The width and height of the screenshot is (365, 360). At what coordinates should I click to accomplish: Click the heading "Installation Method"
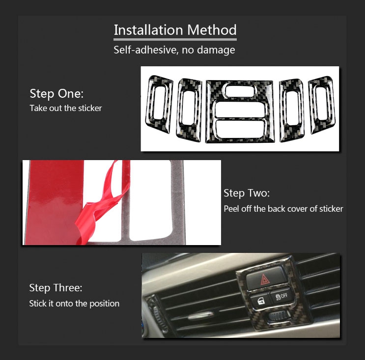(x=175, y=30)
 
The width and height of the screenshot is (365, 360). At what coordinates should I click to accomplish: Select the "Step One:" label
(x=56, y=93)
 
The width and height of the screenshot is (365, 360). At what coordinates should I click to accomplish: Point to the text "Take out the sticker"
(x=66, y=108)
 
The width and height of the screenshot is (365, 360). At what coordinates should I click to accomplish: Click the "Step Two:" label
(x=247, y=193)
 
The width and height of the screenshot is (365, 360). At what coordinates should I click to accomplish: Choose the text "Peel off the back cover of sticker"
(x=283, y=209)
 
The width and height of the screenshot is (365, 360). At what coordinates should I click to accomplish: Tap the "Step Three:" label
(x=56, y=288)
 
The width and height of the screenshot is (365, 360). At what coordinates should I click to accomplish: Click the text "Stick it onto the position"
(x=74, y=304)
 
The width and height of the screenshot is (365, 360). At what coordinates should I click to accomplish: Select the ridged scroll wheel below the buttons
(x=279, y=316)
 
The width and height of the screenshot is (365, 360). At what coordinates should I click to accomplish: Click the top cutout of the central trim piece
(x=239, y=90)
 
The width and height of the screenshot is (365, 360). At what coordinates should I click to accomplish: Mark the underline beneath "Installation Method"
(x=175, y=40)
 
